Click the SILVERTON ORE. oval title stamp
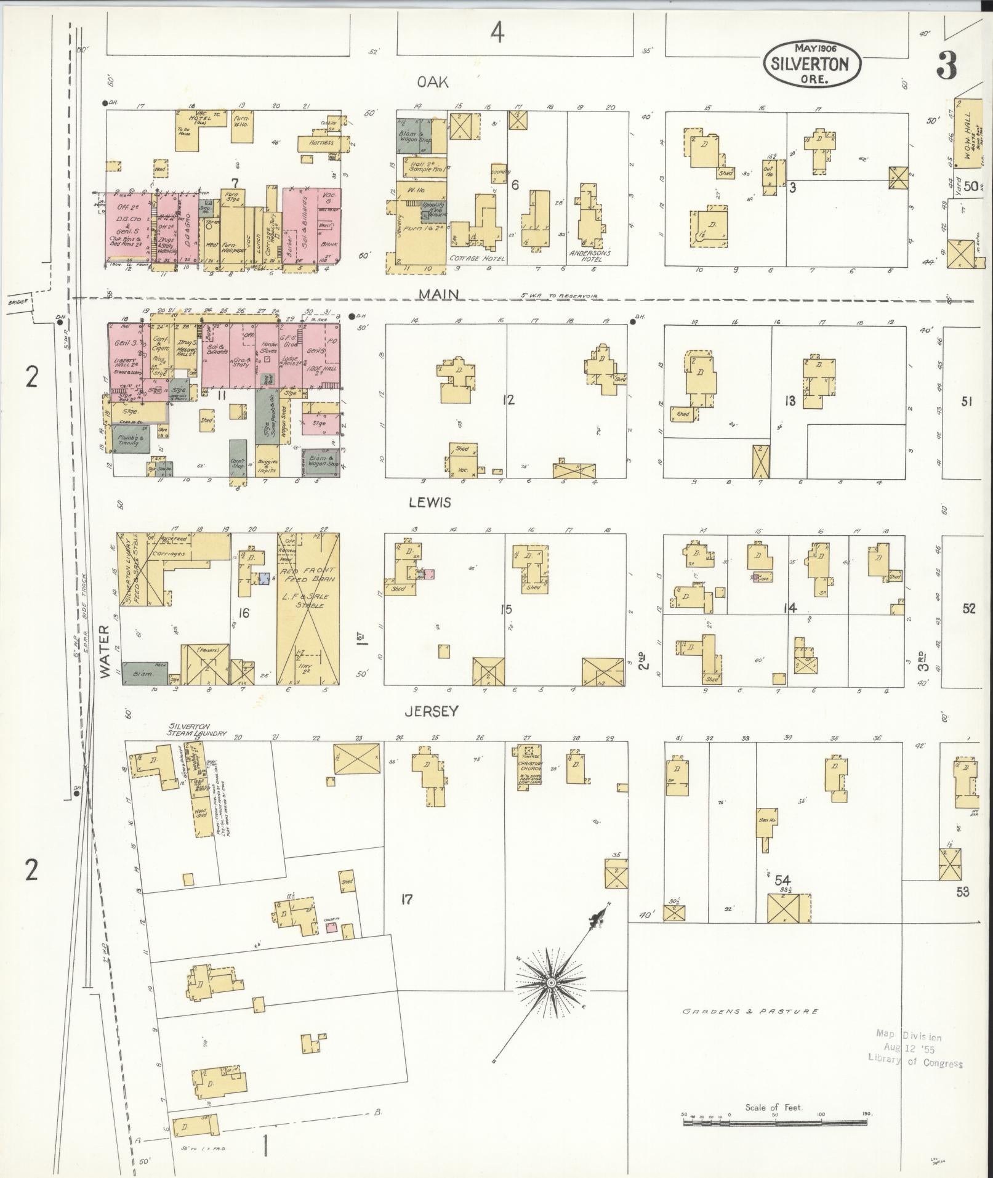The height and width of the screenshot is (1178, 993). coord(812,63)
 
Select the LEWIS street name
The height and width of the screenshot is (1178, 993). coord(430,502)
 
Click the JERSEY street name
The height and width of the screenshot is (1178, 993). coord(431,711)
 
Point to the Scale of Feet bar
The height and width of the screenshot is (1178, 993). coord(774,1123)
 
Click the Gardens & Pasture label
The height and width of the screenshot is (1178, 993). coord(750,1011)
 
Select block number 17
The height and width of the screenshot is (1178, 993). coord(406,900)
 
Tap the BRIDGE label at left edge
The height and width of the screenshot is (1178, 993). coord(15,302)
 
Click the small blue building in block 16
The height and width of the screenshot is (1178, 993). coord(264,579)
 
